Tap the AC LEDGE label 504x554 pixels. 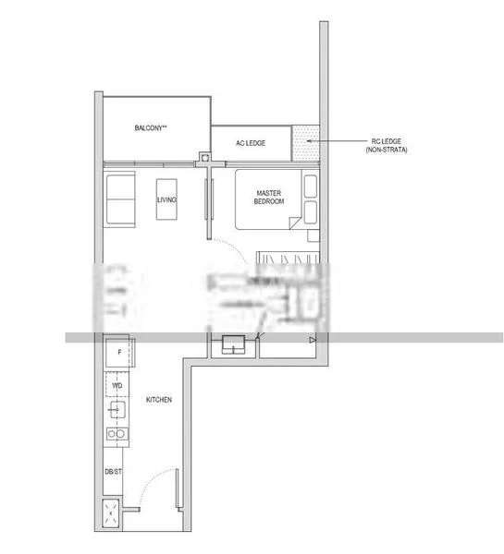pos(251,142)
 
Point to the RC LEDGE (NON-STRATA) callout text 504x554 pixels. pos(389,145)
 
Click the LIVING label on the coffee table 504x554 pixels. pos(166,199)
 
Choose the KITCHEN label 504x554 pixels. pos(159,400)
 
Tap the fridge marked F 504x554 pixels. pos(117,353)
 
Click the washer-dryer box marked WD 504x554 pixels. pos(117,384)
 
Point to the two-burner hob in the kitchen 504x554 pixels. pos(117,433)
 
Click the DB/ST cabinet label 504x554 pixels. pos(112,472)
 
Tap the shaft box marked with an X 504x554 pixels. pos(112,514)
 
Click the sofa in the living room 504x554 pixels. pos(120,199)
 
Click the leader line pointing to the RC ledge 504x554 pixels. pos(342,141)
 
